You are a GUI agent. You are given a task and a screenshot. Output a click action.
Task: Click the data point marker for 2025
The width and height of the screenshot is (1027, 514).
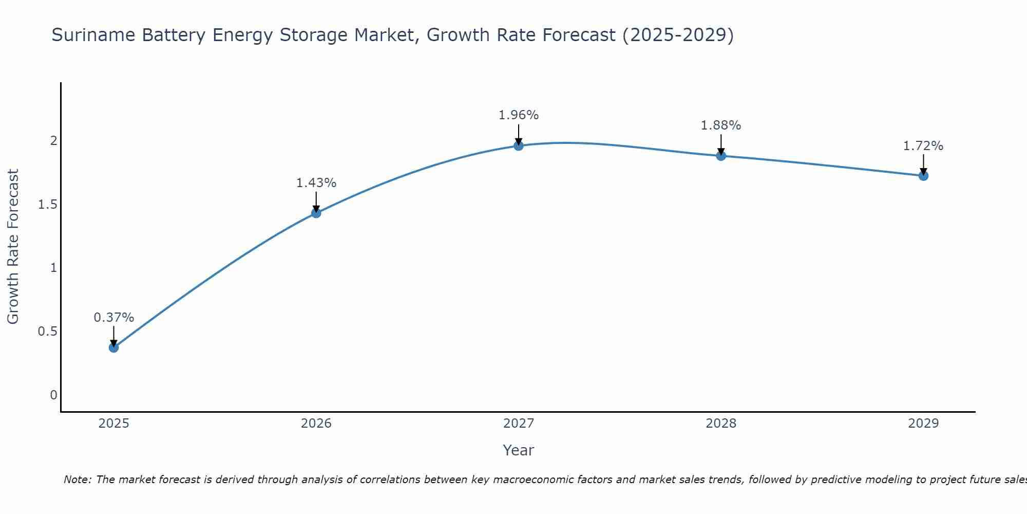pyautogui.click(x=113, y=347)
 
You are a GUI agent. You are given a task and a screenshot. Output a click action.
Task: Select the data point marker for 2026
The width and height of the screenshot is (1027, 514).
pyautogui.click(x=316, y=213)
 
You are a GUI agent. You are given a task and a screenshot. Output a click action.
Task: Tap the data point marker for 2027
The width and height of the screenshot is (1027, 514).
pyautogui.click(x=519, y=145)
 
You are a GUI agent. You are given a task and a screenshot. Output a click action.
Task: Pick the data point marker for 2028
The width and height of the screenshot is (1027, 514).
pyautogui.click(x=721, y=156)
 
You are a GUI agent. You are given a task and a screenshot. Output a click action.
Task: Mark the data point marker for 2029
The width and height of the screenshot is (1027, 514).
pyautogui.click(x=923, y=176)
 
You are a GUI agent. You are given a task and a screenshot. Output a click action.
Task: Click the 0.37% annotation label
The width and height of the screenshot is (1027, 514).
pyautogui.click(x=113, y=318)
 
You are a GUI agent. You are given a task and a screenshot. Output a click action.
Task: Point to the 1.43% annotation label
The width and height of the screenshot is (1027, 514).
pyautogui.click(x=316, y=183)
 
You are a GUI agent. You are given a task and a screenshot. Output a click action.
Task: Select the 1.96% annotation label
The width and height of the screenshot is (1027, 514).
pyautogui.click(x=519, y=115)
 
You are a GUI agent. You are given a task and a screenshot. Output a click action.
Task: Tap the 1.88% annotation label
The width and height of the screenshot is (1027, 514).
pyautogui.click(x=721, y=125)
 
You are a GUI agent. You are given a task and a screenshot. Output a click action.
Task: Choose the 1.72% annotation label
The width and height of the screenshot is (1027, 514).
pyautogui.click(x=923, y=146)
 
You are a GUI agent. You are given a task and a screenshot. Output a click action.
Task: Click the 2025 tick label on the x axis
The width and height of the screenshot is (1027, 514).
pyautogui.click(x=113, y=424)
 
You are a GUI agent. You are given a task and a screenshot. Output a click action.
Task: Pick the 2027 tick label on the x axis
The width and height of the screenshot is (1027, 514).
pyautogui.click(x=519, y=424)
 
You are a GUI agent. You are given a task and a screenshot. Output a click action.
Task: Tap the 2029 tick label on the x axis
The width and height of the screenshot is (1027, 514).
pyautogui.click(x=923, y=424)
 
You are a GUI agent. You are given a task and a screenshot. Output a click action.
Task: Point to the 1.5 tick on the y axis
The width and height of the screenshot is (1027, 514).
pyautogui.click(x=47, y=205)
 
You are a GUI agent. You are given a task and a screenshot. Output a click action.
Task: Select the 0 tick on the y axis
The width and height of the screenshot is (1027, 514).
pyautogui.click(x=53, y=395)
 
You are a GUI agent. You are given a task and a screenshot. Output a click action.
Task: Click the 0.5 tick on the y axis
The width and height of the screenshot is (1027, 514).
pyautogui.click(x=47, y=332)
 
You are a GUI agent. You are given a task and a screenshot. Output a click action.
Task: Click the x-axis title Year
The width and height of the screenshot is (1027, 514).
pyautogui.click(x=519, y=450)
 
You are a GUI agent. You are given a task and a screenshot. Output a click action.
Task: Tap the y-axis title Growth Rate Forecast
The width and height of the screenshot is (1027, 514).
pyautogui.click(x=13, y=247)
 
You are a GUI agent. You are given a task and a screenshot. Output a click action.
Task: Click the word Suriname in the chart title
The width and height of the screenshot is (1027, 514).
pyautogui.click(x=93, y=35)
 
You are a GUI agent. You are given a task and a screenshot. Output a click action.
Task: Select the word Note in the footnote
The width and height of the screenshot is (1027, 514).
pyautogui.click(x=77, y=480)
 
